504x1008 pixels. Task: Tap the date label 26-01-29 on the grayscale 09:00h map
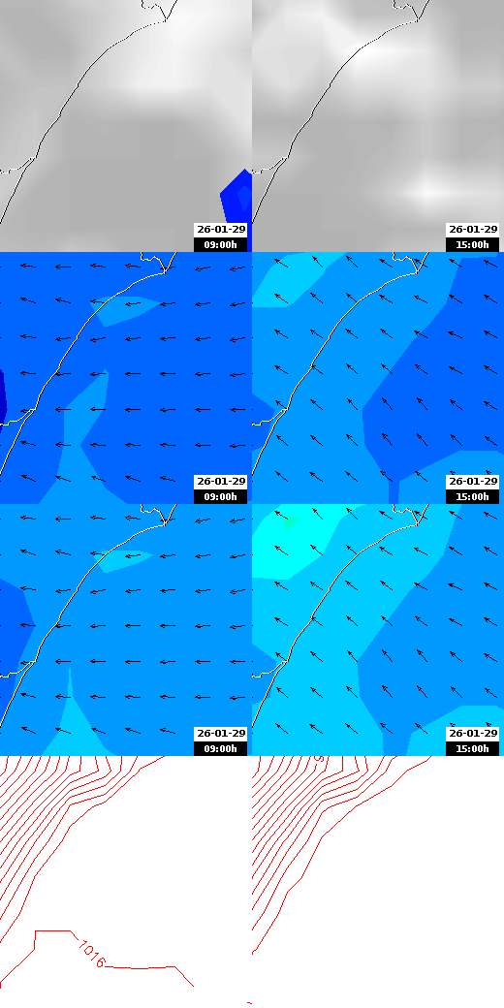[x=221, y=230]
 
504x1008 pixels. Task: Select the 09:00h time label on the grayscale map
[x=221, y=244]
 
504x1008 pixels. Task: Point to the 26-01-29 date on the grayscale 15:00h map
[x=473, y=230]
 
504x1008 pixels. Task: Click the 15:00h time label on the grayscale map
[x=473, y=244]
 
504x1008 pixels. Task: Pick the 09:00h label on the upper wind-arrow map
[x=221, y=496]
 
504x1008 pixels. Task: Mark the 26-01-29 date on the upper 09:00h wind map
[x=221, y=482]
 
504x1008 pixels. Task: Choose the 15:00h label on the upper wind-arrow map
[x=473, y=496]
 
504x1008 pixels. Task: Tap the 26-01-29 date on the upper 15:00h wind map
[x=473, y=482]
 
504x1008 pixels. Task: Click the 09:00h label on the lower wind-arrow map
[x=221, y=748]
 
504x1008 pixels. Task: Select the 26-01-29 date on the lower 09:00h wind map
[x=221, y=734]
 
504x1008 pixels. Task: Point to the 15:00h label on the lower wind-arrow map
[x=473, y=748]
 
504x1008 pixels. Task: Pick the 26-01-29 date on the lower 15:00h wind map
[x=473, y=734]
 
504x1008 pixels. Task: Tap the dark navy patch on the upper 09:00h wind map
[x=3, y=395]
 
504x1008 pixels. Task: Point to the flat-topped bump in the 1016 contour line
[x=53, y=932]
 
